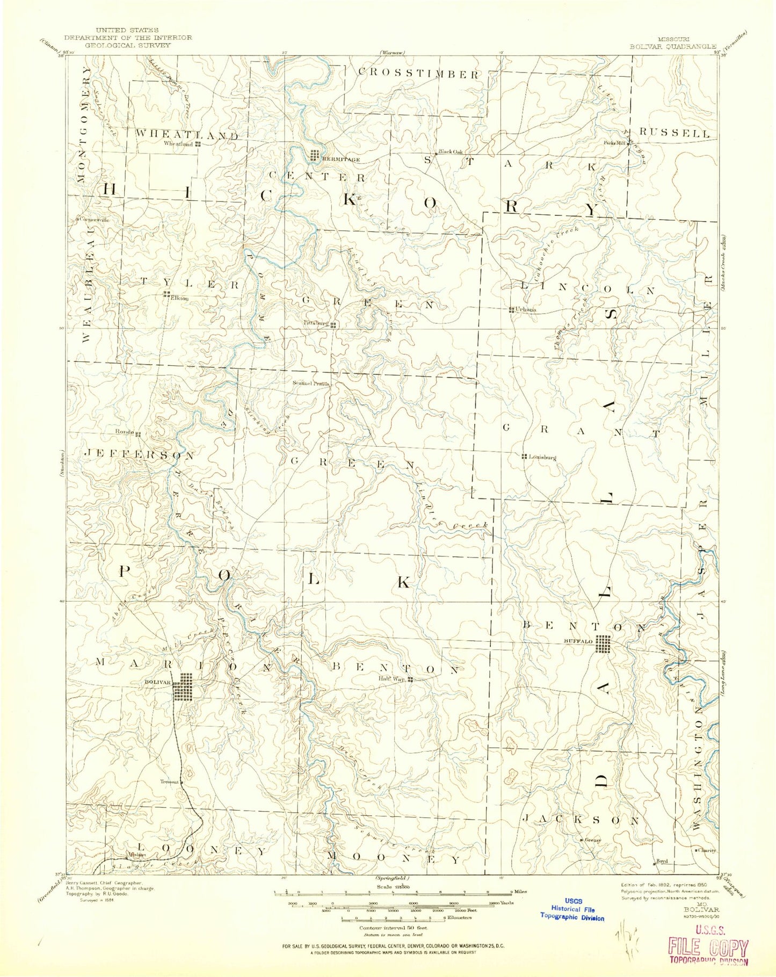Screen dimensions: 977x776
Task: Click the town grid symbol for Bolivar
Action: [183, 687]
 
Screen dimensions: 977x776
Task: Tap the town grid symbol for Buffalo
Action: [604, 644]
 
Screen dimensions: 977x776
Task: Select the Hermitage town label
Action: [338, 160]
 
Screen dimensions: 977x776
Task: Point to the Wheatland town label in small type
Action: [179, 144]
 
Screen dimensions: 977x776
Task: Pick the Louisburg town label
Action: [541, 457]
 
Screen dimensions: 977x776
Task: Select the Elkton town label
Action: [178, 299]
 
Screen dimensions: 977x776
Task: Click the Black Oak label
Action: [450, 151]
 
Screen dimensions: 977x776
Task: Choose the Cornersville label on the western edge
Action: [95, 220]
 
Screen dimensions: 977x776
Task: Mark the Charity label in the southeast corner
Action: [707, 850]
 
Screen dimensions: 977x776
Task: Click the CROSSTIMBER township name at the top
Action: [417, 74]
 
